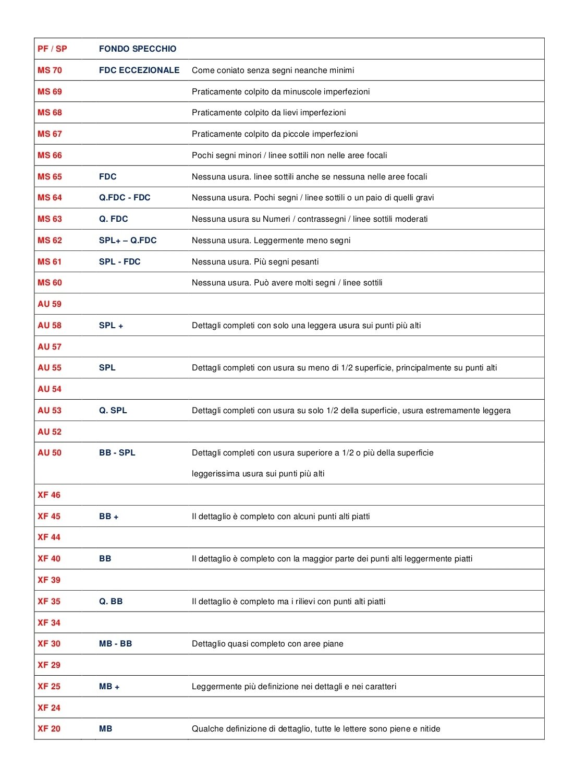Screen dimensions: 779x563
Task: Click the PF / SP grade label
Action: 52,49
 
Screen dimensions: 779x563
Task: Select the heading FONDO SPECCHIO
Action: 138,49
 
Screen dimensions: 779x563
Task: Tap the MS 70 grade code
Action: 50,70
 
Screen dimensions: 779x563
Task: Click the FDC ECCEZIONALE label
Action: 139,70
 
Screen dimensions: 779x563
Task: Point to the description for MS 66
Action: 289,155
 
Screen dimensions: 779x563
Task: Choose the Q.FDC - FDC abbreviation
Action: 125,198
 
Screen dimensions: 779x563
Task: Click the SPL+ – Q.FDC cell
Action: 128,241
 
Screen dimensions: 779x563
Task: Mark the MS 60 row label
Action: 50,283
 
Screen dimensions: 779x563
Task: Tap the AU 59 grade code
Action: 50,304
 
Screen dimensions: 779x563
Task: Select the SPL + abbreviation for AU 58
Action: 111,326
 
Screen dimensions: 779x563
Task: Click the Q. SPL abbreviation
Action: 113,411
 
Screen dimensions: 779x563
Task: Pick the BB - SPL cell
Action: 117,453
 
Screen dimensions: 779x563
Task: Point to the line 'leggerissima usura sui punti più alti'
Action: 258,474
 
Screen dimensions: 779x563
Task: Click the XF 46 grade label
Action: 49,495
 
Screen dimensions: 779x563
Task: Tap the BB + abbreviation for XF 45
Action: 108,517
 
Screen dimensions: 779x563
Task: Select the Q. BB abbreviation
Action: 111,602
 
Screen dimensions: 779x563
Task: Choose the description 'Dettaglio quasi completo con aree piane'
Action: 267,644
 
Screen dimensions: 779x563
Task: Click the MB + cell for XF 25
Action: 109,687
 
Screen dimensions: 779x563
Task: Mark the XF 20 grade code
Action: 49,729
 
